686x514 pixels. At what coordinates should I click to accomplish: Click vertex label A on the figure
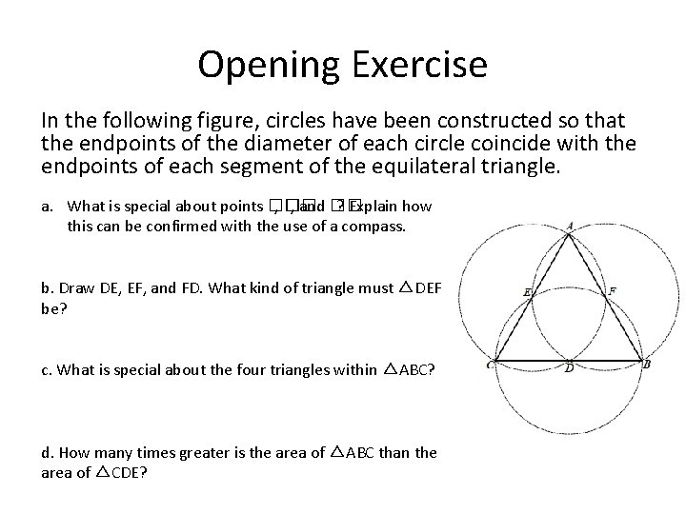click(569, 226)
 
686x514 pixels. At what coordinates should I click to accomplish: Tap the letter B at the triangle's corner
click(647, 364)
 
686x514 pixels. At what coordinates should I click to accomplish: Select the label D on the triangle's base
click(569, 368)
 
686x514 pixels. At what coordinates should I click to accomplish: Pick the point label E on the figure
click(527, 291)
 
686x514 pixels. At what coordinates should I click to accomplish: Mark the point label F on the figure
click(612, 289)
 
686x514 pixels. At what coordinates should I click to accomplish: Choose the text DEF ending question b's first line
click(429, 287)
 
